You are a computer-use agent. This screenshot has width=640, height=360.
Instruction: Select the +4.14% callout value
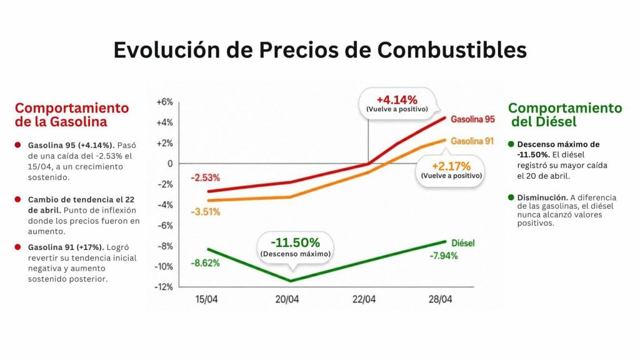pos(396,99)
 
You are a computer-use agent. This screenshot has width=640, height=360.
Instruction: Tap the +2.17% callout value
pos(450,166)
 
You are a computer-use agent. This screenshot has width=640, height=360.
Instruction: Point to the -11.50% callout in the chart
pos(295,242)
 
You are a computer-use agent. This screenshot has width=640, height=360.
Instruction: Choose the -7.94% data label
pos(443,255)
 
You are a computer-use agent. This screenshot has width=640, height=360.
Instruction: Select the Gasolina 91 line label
pos(472,141)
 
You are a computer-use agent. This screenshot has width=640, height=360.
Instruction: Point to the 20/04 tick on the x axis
pos(287,299)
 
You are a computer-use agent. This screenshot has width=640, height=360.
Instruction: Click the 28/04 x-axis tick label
pos(441,299)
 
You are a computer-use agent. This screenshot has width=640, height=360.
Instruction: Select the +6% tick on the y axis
pos(164,102)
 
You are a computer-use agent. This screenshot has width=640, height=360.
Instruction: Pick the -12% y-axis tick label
pos(164,287)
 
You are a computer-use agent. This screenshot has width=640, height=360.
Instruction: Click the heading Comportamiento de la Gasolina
pos(72,114)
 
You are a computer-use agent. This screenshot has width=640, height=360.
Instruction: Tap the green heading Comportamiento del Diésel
pos(565,114)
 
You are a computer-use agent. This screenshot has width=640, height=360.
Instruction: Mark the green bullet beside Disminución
pos(511,198)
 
